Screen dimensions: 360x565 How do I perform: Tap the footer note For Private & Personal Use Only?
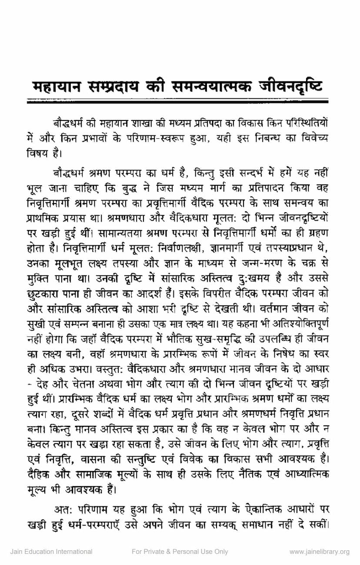pos(180,552)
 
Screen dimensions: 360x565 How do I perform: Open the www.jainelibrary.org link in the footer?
pos(319,552)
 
